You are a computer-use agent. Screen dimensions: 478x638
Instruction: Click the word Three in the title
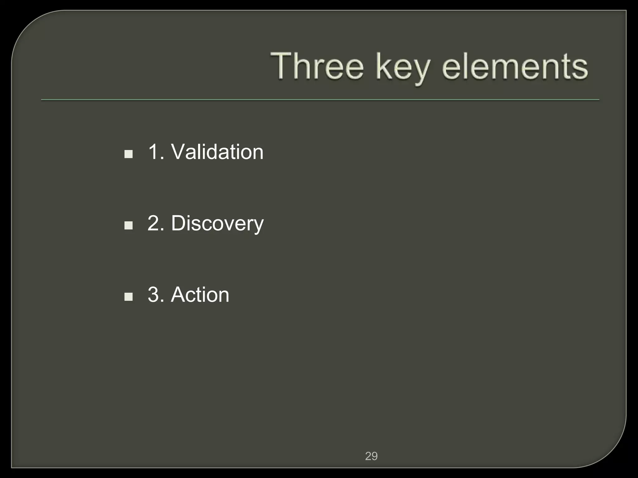317,67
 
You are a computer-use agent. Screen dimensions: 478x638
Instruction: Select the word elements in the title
515,67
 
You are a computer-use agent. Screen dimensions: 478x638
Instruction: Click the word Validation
217,152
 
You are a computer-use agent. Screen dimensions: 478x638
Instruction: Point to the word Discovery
217,223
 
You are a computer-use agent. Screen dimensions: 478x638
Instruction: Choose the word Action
200,294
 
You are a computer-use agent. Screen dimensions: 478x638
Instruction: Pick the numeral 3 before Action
154,294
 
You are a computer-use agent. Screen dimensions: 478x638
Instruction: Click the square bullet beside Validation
128,154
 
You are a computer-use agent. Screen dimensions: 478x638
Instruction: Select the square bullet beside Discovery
128,225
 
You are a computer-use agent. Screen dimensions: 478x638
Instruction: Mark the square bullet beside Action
128,297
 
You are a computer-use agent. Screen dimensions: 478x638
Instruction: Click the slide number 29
371,456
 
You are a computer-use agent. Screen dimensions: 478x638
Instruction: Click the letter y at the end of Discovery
258,225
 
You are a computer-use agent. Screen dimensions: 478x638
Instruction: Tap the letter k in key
382,66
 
